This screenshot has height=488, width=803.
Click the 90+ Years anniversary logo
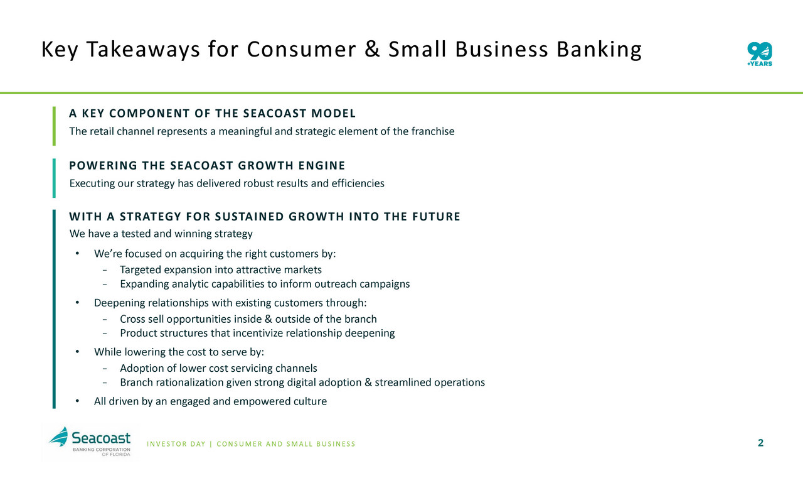click(760, 54)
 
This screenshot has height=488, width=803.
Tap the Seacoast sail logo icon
click(58, 436)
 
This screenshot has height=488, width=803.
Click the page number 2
click(761, 443)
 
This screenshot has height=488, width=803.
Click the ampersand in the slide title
click(372, 49)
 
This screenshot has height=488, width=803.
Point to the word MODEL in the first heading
click(333, 114)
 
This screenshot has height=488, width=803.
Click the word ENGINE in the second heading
click(322, 165)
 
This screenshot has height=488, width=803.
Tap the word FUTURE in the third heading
click(436, 217)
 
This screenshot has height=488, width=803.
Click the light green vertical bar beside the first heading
click(54, 126)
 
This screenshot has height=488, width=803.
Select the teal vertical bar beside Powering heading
click(54, 178)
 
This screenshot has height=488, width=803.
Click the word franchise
click(433, 131)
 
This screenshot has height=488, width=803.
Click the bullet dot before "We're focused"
click(77, 254)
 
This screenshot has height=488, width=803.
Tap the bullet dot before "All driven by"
click(77, 401)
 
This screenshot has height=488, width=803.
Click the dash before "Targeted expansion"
click(105, 270)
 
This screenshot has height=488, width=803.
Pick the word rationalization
click(189, 382)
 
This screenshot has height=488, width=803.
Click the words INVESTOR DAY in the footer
click(176, 444)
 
